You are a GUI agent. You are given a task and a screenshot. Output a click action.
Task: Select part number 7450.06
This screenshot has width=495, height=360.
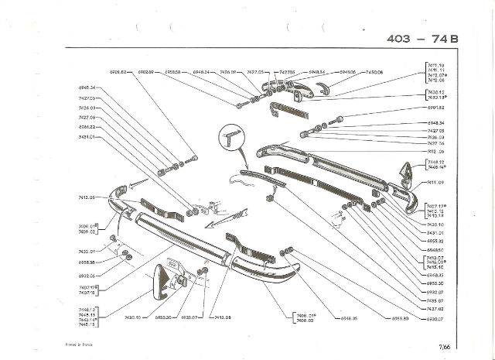pyautogui.click(x=374, y=72)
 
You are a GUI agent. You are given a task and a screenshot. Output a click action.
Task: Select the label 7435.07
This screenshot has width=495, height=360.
pyautogui.click(x=437, y=300)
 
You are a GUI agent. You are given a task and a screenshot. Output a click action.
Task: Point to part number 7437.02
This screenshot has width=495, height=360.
pyautogui.click(x=437, y=308)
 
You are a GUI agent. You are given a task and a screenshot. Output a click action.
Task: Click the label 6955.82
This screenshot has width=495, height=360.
pyautogui.click(x=437, y=241)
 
